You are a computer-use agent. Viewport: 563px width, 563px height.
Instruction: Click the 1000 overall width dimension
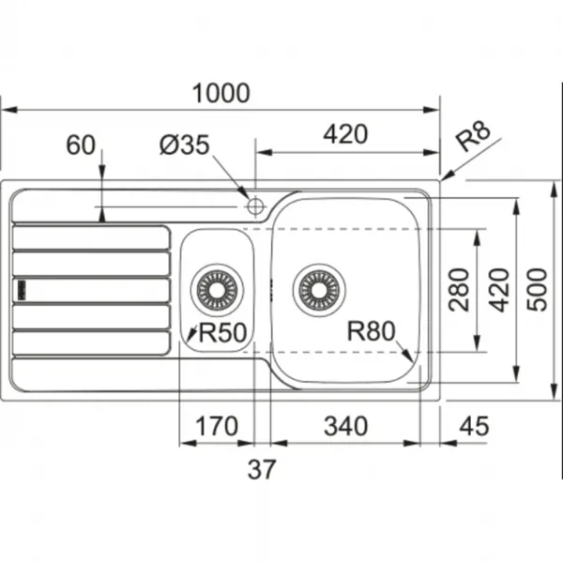[x=221, y=93]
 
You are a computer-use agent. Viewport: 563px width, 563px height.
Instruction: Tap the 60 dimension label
[x=81, y=145]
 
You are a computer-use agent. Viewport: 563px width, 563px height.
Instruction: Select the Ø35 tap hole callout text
[x=184, y=145]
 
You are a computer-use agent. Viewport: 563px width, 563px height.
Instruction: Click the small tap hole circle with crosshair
[x=255, y=206]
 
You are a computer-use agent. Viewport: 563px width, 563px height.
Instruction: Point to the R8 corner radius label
[x=473, y=136]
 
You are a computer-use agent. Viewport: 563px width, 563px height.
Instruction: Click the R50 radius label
[x=222, y=332]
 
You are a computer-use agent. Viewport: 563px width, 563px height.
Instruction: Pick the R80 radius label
[x=371, y=330]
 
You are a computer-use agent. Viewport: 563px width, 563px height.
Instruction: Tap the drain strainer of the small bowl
[x=217, y=290]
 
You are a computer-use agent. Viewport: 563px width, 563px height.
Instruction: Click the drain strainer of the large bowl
[x=319, y=290]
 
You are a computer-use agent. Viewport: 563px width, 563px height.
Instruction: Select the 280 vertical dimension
[x=459, y=290]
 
